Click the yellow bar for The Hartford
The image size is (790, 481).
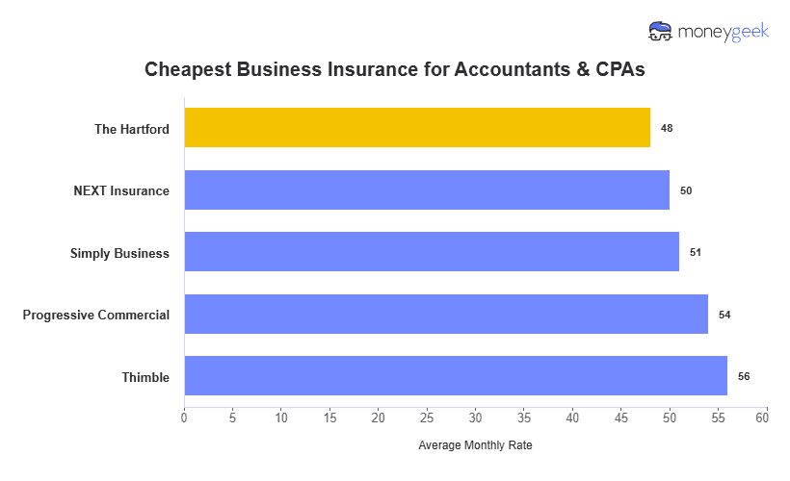click(417, 128)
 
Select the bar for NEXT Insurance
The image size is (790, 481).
click(427, 190)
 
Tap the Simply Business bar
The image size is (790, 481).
click(432, 252)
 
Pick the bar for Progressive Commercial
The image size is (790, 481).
click(446, 315)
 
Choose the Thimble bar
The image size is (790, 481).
click(456, 376)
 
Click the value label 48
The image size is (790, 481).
click(667, 128)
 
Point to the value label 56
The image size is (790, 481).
click(744, 376)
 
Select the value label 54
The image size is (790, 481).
click(724, 315)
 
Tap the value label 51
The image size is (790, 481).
click(696, 252)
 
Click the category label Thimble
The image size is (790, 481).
click(146, 377)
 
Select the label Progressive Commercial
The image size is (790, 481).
click(96, 315)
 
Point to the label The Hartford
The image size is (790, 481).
click(132, 129)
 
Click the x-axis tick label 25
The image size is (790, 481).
click(427, 418)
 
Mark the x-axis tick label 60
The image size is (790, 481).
click(762, 418)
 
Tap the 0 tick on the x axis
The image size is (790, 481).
click(184, 418)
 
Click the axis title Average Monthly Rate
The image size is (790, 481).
click(475, 446)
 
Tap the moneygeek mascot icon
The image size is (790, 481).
click(662, 32)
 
